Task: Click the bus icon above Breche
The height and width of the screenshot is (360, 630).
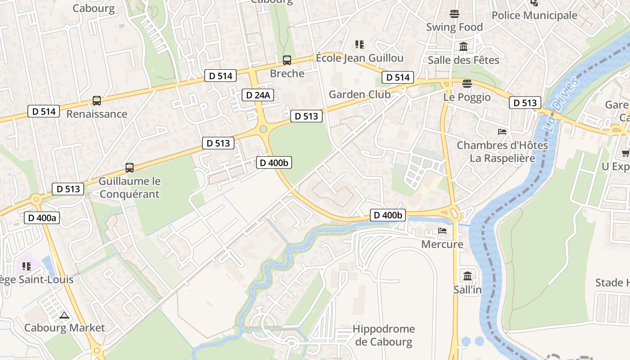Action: point(287,60)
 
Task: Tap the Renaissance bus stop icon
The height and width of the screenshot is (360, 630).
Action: point(97,101)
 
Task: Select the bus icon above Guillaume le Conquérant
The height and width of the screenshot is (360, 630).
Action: point(130,168)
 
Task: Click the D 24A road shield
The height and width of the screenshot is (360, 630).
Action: point(259,95)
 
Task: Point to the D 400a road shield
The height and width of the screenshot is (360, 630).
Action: point(42,218)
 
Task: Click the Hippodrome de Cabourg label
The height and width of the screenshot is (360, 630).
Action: point(383,335)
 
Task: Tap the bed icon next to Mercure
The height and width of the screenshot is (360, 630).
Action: point(442,231)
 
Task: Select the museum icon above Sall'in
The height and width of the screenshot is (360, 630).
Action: point(468,276)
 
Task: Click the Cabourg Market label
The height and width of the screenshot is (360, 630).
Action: point(64,328)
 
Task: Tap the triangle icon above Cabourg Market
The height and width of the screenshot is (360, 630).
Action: point(64,315)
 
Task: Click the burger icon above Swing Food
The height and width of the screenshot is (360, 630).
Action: point(454,14)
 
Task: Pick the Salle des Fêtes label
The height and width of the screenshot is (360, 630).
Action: point(463,60)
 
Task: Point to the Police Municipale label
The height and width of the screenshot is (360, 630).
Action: point(534,15)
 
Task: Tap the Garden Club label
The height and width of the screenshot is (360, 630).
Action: point(360,94)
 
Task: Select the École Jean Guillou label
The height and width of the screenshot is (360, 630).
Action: point(360,58)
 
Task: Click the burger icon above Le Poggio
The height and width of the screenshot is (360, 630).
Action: point(467,83)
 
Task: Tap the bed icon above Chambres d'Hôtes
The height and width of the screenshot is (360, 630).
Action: point(502,132)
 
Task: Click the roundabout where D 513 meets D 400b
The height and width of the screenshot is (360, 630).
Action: point(263,130)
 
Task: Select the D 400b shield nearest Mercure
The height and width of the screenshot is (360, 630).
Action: point(388,216)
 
